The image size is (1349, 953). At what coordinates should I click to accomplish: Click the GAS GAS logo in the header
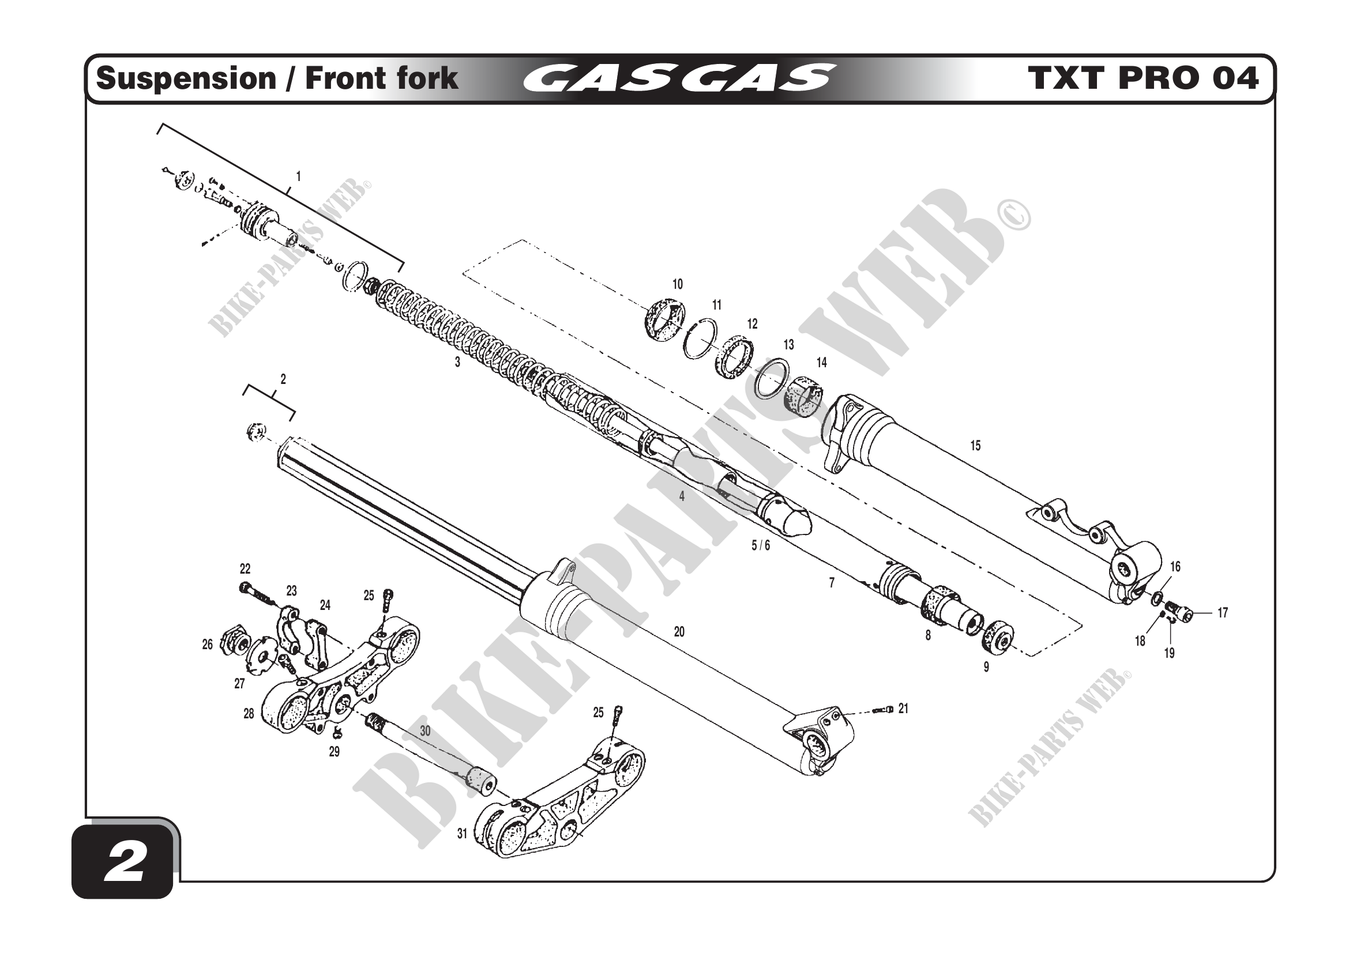point(679,78)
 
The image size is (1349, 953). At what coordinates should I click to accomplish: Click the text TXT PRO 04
point(1143,78)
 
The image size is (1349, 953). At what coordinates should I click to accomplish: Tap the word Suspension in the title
point(186,78)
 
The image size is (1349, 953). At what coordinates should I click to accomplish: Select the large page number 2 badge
point(124,864)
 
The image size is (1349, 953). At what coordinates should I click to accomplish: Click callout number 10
point(678,284)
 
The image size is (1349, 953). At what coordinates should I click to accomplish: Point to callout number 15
point(975,446)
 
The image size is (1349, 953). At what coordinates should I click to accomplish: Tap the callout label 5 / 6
point(760,545)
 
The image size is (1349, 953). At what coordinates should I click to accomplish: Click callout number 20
point(679,632)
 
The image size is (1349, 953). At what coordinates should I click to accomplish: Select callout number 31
point(463,833)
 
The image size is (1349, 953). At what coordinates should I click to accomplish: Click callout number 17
point(1223,612)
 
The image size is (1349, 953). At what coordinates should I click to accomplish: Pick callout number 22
point(245,568)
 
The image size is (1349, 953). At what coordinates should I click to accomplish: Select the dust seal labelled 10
point(665,320)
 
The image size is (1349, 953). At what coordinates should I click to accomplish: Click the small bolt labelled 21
point(882,710)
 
